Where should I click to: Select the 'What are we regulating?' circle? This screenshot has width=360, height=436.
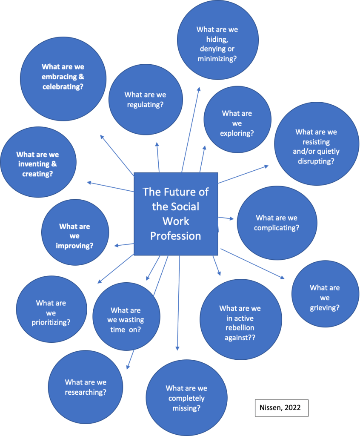pos(146,100)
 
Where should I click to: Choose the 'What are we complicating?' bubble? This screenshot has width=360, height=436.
pos(277,223)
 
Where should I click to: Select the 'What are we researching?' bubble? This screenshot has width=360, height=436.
pos(86,387)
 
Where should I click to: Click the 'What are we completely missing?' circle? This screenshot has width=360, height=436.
pos(186,398)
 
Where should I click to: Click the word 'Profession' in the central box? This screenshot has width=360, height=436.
pos(175,235)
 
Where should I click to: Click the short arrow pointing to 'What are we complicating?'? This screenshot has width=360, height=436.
pos(226,218)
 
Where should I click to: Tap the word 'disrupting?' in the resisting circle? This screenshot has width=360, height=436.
pos(316,161)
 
